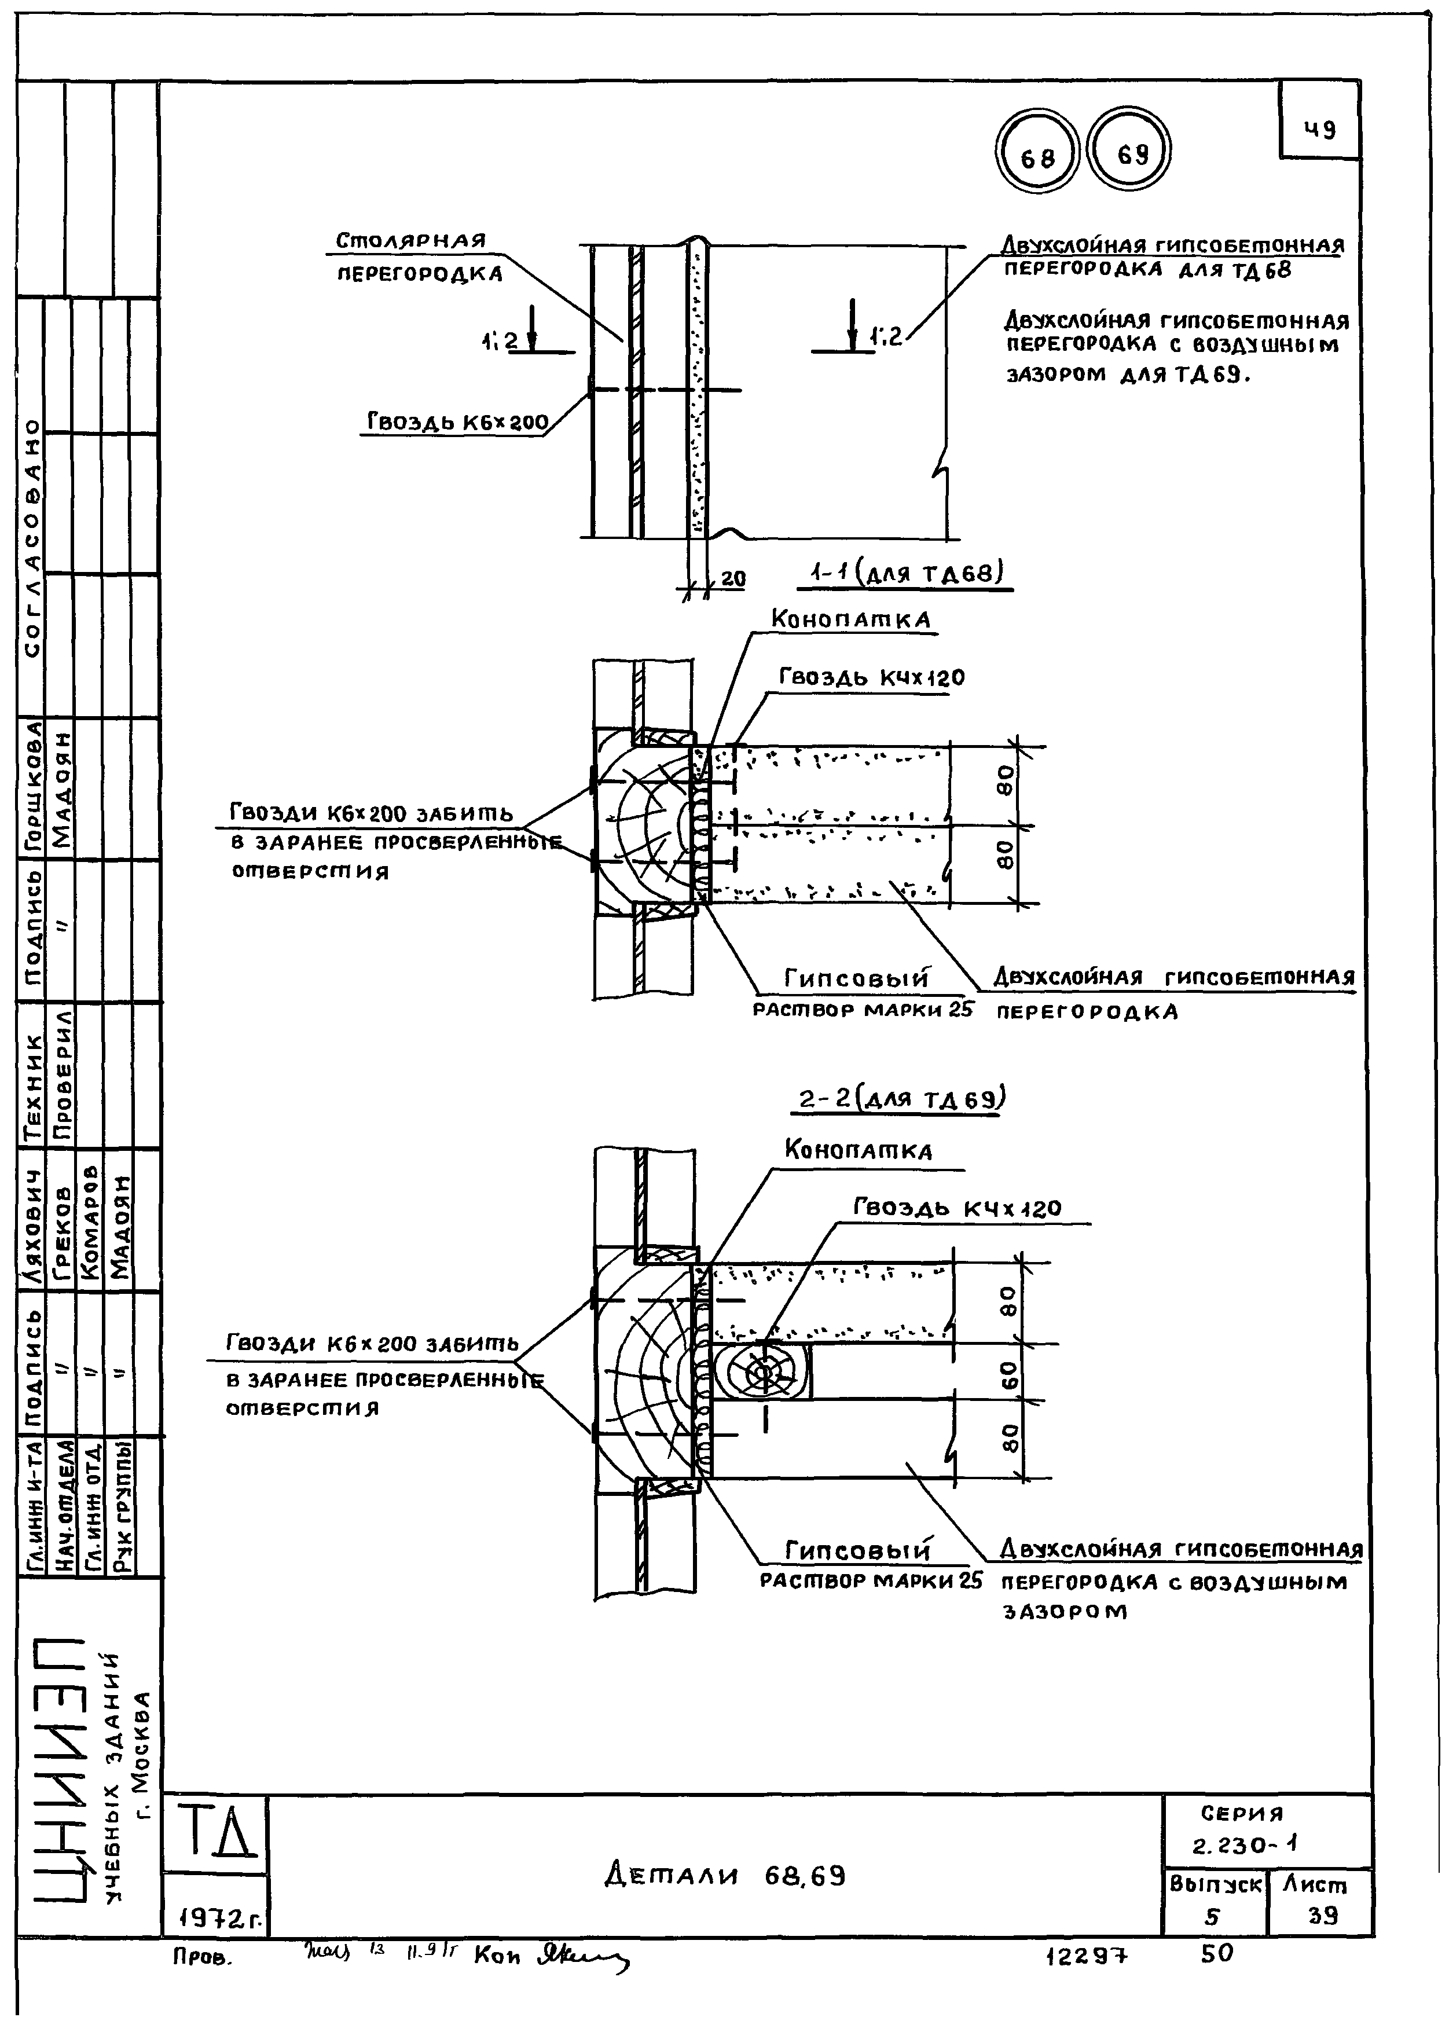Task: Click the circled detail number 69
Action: click(1131, 155)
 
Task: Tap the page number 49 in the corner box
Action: click(1320, 130)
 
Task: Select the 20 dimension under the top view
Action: click(732, 579)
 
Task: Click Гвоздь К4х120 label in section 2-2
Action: click(957, 1208)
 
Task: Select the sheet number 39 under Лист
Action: click(1322, 1915)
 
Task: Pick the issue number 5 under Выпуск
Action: click(1211, 1915)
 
